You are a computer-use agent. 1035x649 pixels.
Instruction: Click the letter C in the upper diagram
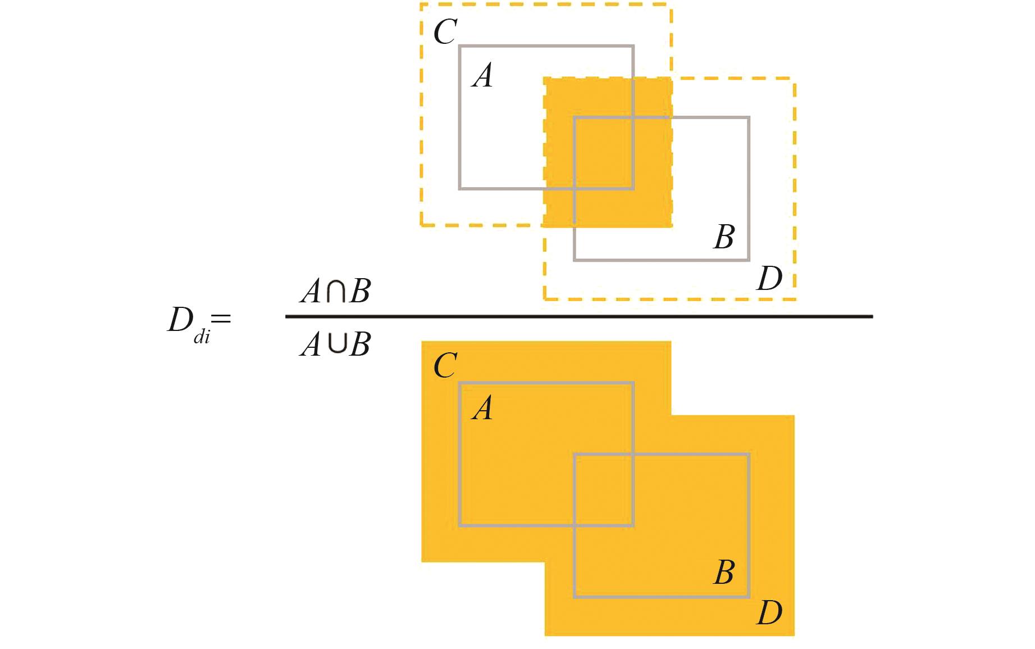click(x=445, y=32)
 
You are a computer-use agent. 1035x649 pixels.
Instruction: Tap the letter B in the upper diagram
click(x=724, y=237)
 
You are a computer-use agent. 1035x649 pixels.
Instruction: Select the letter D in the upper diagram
click(x=769, y=279)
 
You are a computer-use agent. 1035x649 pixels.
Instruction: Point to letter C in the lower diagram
click(x=445, y=366)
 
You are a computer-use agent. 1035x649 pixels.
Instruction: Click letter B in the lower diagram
click(x=724, y=573)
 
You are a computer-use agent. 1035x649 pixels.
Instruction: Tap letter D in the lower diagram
click(x=769, y=613)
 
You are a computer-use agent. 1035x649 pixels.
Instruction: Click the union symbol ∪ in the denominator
click(x=336, y=344)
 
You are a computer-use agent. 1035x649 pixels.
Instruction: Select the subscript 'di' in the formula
click(x=202, y=338)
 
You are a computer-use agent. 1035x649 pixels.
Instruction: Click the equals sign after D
click(x=221, y=319)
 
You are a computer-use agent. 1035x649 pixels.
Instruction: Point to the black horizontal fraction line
click(x=578, y=317)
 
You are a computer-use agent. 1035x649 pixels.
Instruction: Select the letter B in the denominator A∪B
click(x=359, y=344)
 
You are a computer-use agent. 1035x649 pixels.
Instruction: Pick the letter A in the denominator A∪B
click(x=311, y=344)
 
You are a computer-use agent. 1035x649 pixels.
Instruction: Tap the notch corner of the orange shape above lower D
click(x=672, y=416)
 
